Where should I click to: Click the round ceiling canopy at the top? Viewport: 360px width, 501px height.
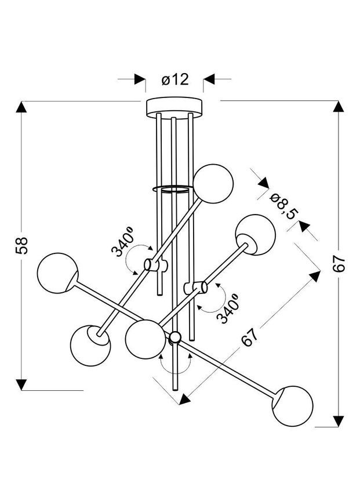click(x=174, y=106)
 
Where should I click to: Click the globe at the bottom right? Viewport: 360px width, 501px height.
click(x=293, y=405)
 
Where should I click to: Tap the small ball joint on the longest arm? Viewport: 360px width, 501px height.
click(x=174, y=337)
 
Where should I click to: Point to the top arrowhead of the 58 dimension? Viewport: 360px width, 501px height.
click(x=22, y=108)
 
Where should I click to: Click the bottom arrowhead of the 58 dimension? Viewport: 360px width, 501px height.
click(x=22, y=384)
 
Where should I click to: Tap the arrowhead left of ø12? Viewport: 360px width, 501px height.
click(x=140, y=79)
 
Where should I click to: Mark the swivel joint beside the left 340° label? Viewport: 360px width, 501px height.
click(x=152, y=266)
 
